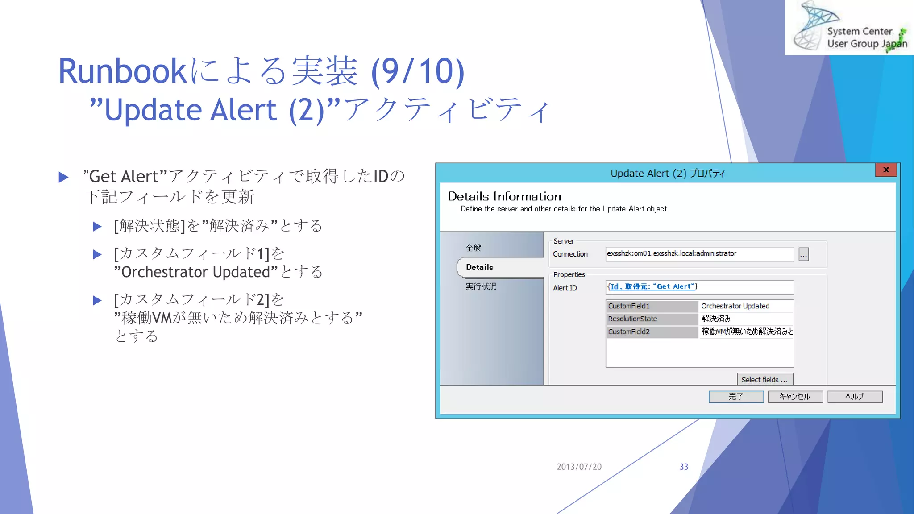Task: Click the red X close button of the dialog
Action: coord(886,170)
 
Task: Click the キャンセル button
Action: coord(795,397)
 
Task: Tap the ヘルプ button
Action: coord(855,397)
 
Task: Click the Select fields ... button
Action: coord(764,379)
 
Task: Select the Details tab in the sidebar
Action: coord(480,267)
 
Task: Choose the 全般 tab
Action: coord(474,248)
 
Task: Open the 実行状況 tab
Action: coord(481,286)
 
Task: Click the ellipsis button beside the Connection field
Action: coord(803,254)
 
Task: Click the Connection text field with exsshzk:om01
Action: coord(699,254)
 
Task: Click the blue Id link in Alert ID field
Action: coord(614,287)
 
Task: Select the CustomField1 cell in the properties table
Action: coord(652,306)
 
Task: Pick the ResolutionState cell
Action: coord(652,319)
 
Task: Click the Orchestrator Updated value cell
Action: coord(745,306)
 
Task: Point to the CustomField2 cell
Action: coord(652,332)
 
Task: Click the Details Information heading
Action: coord(504,196)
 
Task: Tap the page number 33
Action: coord(684,467)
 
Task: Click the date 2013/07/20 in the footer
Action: coord(579,467)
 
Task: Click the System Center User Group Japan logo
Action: coord(849,28)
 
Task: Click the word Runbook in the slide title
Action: coord(122,71)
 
